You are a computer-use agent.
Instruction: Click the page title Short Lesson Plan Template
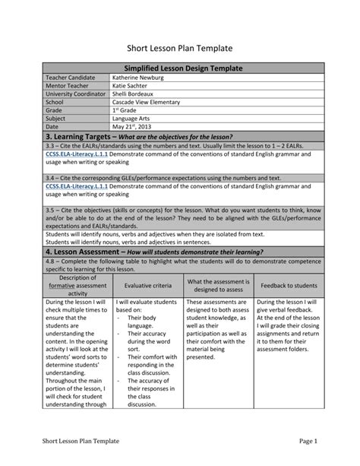pos(179,49)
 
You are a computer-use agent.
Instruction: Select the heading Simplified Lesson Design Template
pos(179,68)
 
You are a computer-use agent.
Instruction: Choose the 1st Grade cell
pos(125,110)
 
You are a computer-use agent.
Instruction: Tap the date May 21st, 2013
pos(135,127)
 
